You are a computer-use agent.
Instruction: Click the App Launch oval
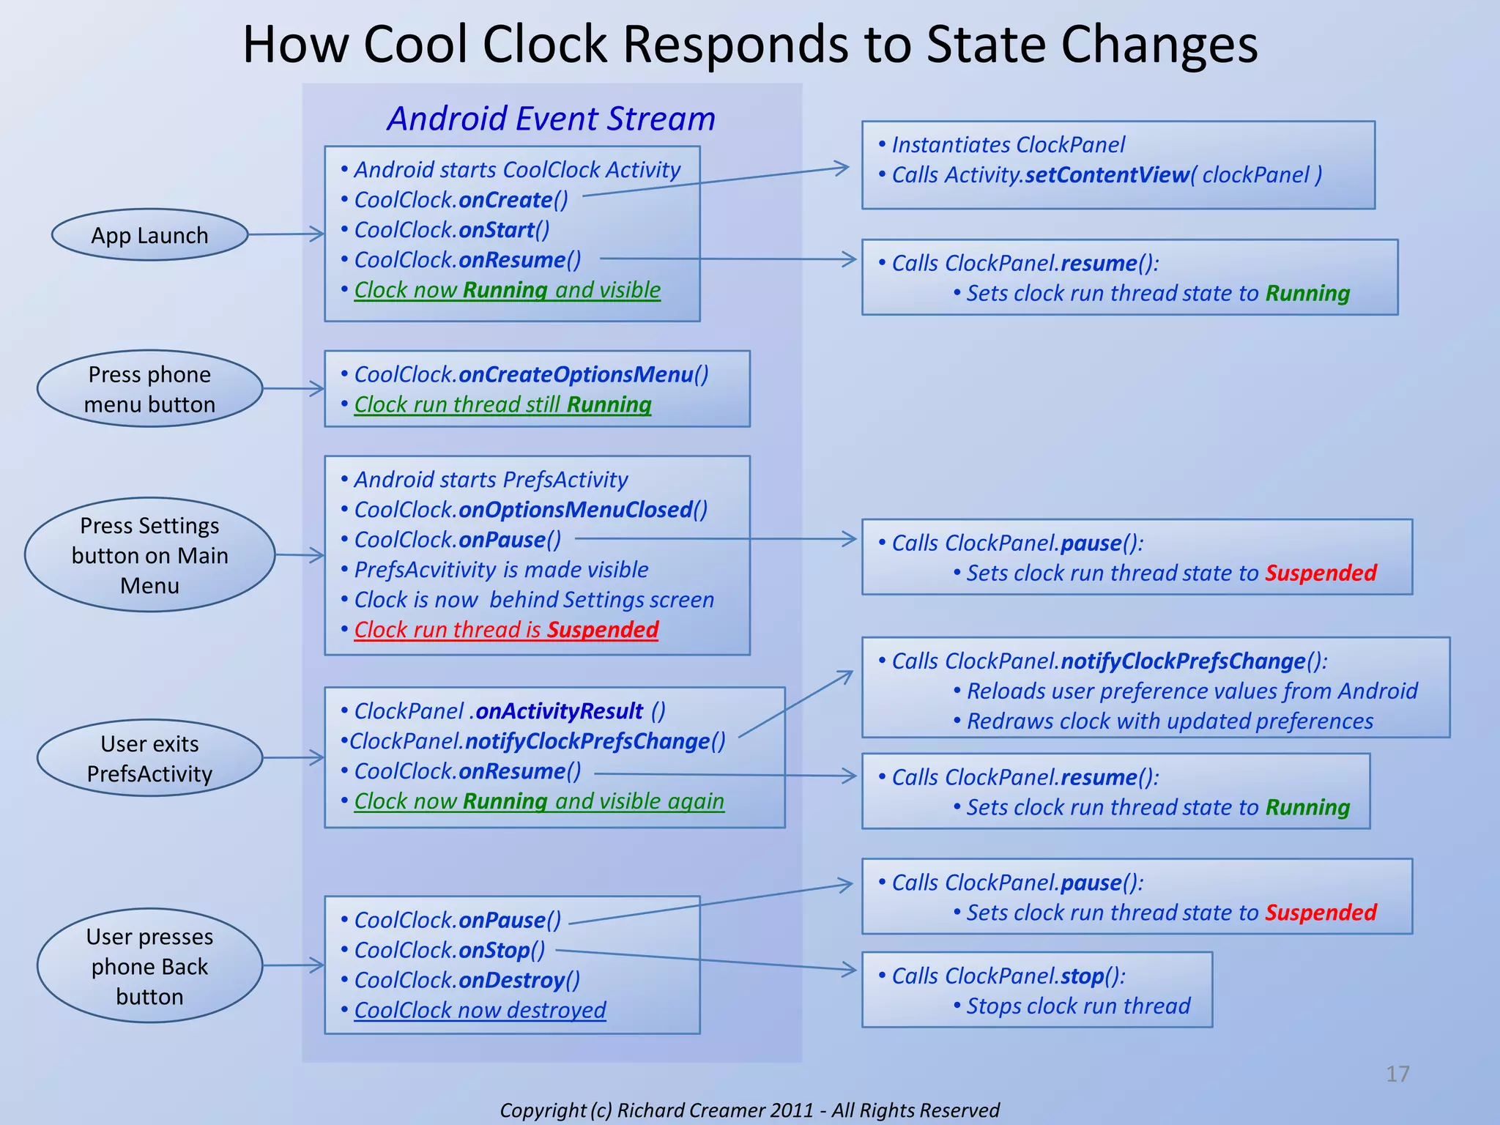149,235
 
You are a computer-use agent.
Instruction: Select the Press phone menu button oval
149,389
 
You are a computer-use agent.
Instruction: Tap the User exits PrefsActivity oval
149,758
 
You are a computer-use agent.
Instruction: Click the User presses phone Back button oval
149,966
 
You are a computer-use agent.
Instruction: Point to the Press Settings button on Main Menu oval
149,555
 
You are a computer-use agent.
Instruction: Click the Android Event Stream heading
551,119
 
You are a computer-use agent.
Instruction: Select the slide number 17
1397,1074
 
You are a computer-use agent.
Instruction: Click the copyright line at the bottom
749,1110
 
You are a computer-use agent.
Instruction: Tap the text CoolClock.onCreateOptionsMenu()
531,374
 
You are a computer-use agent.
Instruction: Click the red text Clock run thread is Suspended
506,630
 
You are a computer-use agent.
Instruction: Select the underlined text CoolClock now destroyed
480,1010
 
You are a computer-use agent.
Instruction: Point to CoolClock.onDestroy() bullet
467,980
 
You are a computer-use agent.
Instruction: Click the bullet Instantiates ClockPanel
1008,145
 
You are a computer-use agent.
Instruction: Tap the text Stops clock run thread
1078,1006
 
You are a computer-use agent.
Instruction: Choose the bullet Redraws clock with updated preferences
1170,721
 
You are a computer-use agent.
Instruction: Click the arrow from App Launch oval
286,234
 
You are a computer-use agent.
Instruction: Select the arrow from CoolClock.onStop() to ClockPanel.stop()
707,960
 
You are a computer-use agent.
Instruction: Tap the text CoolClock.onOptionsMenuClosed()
530,510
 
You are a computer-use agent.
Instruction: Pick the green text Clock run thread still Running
502,404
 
